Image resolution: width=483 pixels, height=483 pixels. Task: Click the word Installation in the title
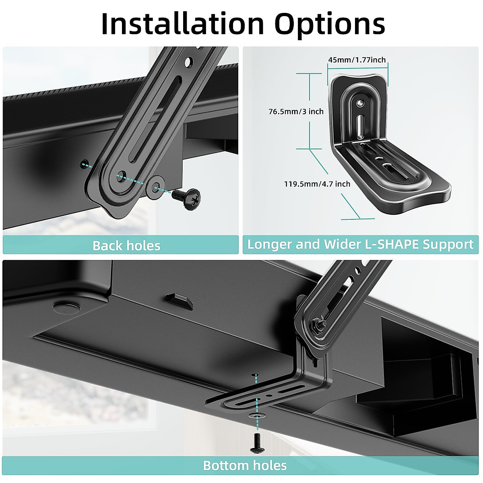pyautogui.click(x=182, y=24)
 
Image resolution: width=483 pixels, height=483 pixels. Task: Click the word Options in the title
pyautogui.click(x=330, y=24)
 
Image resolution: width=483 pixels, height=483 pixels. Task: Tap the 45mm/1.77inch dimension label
pyautogui.click(x=357, y=60)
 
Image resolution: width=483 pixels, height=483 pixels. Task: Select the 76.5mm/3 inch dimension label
pyautogui.click(x=296, y=111)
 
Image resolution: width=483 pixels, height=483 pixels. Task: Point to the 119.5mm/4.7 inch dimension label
pyautogui.click(x=317, y=184)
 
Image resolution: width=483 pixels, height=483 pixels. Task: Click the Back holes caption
pyautogui.click(x=126, y=246)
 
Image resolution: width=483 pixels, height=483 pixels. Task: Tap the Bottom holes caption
pyautogui.click(x=245, y=466)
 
